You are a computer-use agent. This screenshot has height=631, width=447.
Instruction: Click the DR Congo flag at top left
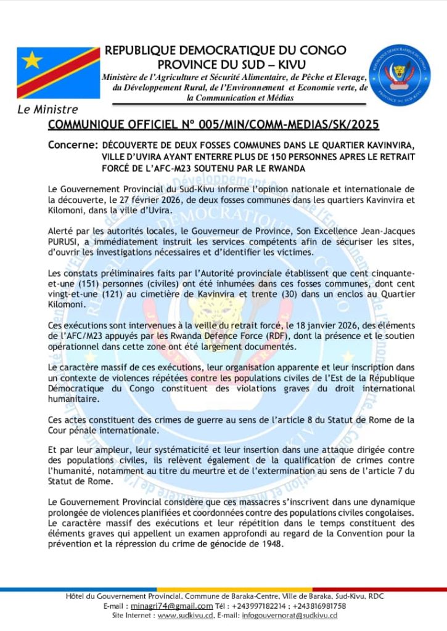pos(58,72)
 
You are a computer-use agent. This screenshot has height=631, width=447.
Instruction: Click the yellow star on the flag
pos(31,60)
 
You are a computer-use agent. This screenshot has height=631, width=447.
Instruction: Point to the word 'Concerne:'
pos(72,145)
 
